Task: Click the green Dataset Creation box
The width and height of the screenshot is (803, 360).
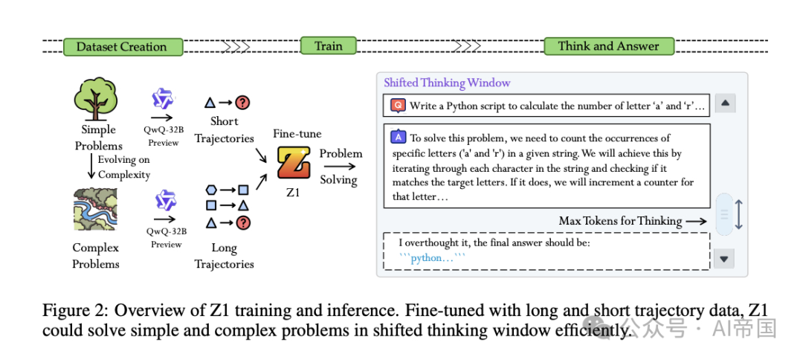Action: point(123,47)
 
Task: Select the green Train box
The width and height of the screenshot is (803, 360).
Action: point(328,46)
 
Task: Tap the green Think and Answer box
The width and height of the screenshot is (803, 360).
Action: point(608,46)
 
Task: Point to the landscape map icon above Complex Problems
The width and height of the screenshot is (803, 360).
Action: point(95,210)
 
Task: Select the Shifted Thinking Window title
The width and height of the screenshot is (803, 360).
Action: point(447,83)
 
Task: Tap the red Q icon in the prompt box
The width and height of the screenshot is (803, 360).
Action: point(398,106)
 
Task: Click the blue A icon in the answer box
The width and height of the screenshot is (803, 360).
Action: point(398,137)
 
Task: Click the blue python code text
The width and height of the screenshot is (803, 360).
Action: point(432,258)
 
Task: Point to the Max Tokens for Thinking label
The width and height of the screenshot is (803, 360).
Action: point(620,220)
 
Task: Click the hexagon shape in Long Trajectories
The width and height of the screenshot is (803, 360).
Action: point(210,190)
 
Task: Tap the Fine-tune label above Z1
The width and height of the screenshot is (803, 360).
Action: point(297,134)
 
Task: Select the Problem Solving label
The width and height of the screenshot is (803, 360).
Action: point(341,167)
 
